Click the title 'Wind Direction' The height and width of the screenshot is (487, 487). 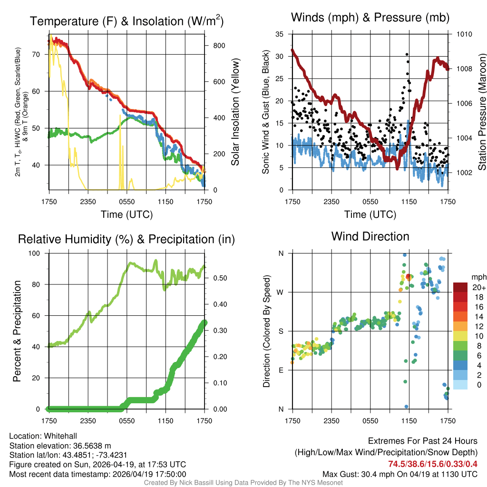370,236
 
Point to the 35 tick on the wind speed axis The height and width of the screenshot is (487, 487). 280,34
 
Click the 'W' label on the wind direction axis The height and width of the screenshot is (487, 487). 281,292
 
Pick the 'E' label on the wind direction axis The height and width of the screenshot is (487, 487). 281,370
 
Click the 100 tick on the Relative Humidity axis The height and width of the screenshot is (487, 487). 39,253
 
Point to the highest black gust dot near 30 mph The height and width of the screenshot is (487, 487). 407,55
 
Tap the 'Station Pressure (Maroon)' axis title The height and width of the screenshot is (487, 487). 481,111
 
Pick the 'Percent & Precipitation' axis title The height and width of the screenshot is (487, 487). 17,331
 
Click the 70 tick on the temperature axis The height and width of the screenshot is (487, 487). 37,54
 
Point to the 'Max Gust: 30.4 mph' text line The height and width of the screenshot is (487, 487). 399,474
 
